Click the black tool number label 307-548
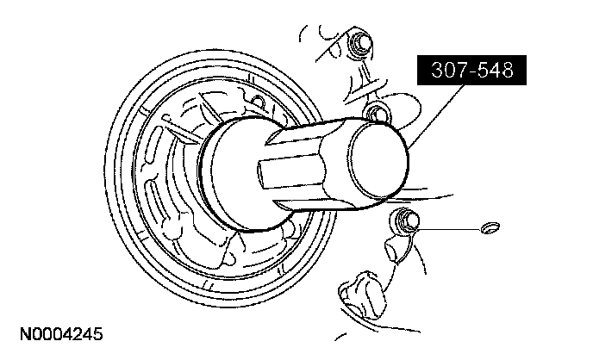(467, 70)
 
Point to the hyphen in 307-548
(468, 71)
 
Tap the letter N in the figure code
(20, 332)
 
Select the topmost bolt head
(360, 43)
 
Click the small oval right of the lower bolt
(489, 229)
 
